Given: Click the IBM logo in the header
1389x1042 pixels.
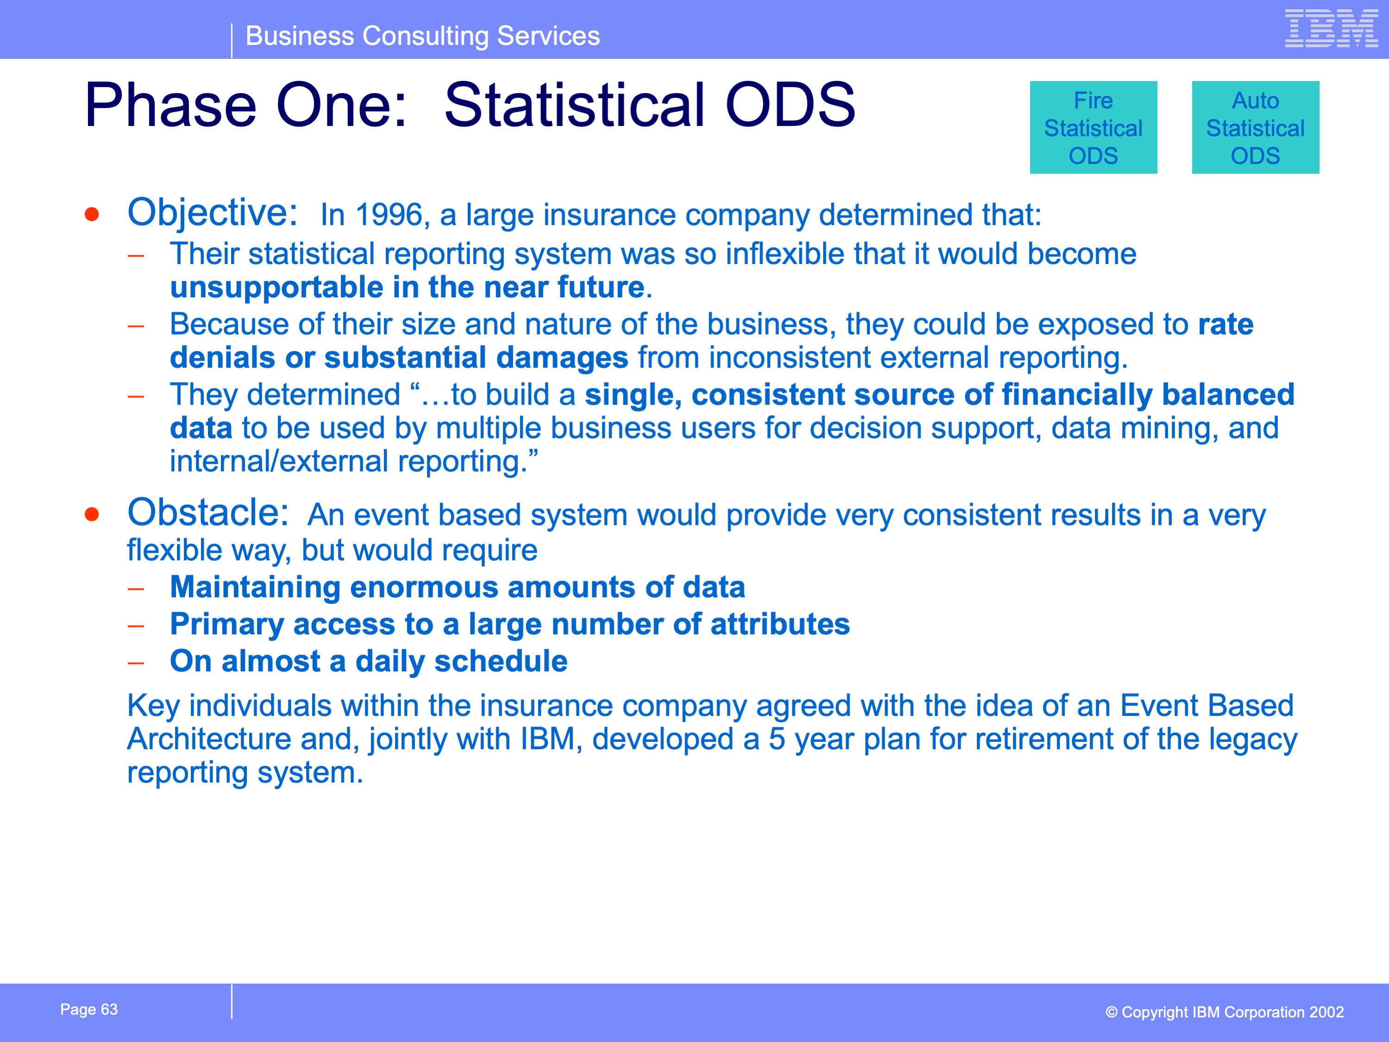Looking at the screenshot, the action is [x=1331, y=28].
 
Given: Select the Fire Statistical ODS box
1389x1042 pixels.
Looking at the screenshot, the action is [x=1093, y=127].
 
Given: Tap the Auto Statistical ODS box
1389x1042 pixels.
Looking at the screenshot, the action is [x=1255, y=127].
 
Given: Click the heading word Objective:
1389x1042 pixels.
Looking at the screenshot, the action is [x=212, y=214].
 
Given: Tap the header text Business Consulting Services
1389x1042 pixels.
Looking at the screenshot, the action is [x=422, y=36].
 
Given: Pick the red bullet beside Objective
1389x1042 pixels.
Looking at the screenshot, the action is [x=92, y=215].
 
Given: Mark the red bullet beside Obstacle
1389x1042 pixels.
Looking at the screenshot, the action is [x=92, y=514].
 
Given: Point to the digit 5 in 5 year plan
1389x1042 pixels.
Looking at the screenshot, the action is [x=777, y=739].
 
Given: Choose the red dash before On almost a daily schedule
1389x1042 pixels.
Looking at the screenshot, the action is [x=136, y=663].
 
